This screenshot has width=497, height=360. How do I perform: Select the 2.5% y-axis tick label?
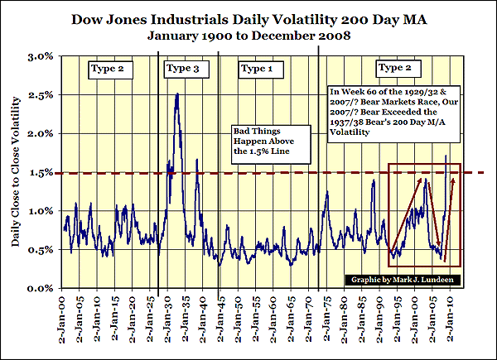pos(41,95)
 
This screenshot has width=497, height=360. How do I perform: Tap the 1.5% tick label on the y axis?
pos(41,172)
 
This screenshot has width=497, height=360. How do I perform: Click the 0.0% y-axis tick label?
pos(41,288)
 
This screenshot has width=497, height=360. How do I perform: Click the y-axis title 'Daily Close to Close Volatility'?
pos(16,171)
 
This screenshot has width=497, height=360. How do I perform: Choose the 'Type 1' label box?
pos(257,66)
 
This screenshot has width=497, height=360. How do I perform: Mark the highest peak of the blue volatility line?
pos(177,94)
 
